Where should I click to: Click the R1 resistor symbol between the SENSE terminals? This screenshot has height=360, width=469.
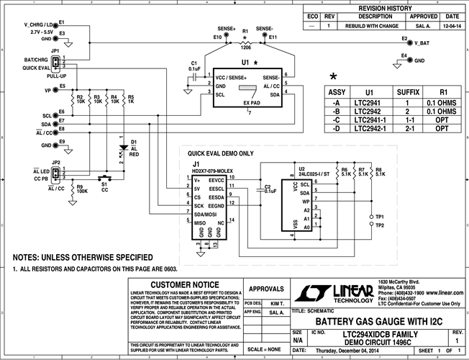tap(245, 44)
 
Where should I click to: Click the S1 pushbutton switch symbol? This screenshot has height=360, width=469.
tap(105, 177)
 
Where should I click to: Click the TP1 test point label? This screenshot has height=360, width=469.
tap(379, 216)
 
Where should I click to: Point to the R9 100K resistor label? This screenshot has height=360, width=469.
tap(82, 190)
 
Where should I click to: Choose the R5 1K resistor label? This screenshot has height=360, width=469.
tap(130, 99)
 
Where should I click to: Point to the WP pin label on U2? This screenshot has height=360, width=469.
tap(306, 202)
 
